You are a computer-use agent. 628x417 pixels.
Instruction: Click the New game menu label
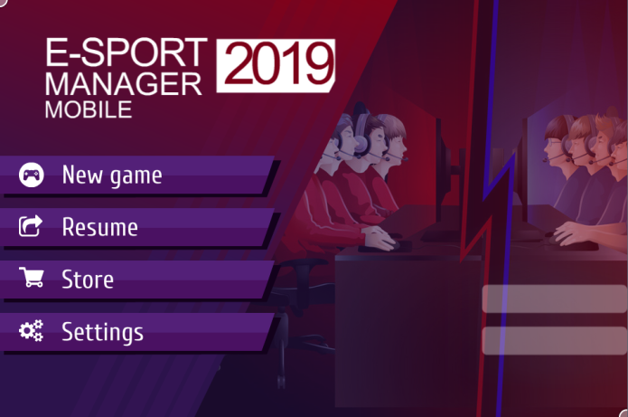[112, 175]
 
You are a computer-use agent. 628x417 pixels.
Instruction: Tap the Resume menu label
[100, 227]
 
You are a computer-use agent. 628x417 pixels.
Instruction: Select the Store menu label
[88, 280]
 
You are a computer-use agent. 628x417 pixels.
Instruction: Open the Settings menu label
[102, 332]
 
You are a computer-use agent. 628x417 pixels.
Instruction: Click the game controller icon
[32, 175]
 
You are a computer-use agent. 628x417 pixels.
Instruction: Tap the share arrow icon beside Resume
[31, 226]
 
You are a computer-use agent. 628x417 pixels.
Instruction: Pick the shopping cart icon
[32, 278]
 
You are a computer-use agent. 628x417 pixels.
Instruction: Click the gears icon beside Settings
[32, 330]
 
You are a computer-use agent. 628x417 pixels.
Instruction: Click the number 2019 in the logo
[276, 66]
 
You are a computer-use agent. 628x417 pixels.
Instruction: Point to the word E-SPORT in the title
[127, 52]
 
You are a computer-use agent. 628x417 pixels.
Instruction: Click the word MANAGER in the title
[124, 84]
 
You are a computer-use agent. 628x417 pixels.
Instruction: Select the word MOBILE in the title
[89, 109]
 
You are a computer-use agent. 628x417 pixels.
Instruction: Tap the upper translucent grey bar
[555, 299]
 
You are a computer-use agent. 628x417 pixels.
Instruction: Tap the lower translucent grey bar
[555, 340]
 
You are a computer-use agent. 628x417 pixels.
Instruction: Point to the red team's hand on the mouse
[381, 239]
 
